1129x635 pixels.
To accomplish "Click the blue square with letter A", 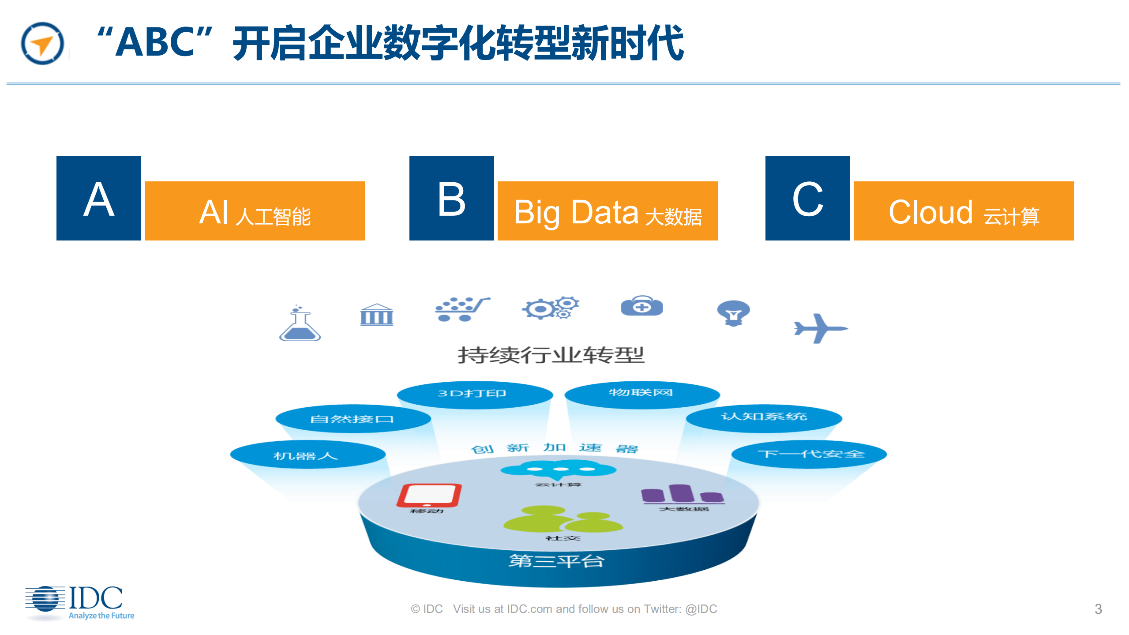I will [98, 198].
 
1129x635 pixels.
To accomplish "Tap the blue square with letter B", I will [451, 198].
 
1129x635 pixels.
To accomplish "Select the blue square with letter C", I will [807, 198].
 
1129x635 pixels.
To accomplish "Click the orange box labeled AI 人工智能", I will [255, 211].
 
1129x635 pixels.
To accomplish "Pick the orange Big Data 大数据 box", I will [608, 211].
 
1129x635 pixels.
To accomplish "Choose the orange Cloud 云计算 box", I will [964, 211].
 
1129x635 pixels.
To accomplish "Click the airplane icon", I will [820, 328].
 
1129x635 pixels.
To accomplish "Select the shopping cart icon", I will [461, 309].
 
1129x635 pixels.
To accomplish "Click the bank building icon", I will [376, 315].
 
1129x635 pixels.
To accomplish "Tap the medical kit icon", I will [641, 306].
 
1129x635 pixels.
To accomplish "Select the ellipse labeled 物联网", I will [642, 394].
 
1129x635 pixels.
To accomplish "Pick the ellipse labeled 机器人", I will [308, 455].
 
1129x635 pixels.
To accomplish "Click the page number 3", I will [1098, 609].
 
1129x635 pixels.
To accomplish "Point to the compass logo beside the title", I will [42, 44].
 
